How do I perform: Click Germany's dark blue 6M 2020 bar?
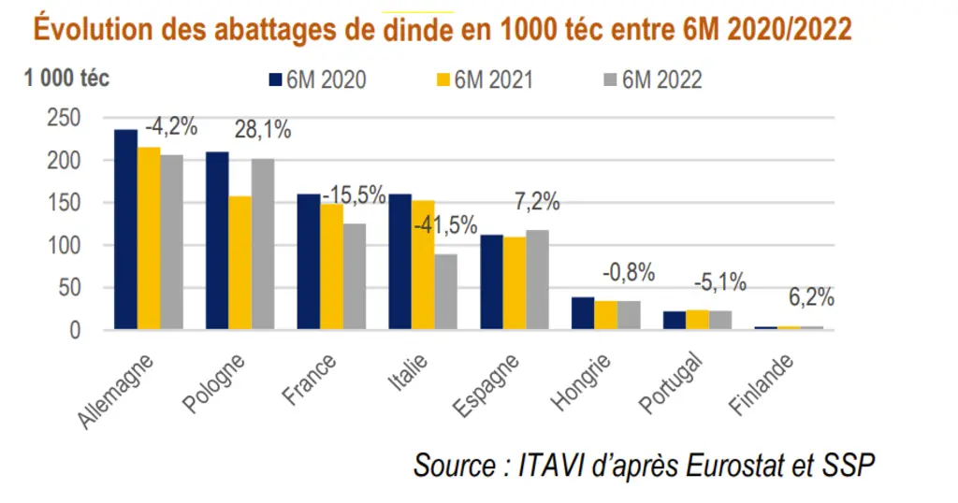tap(126, 229)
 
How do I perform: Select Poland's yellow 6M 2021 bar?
tap(240, 263)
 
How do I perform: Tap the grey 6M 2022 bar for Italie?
tap(446, 292)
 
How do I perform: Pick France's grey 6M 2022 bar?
tap(355, 277)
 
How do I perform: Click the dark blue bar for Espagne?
tap(492, 282)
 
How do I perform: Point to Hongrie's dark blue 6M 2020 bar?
tap(583, 314)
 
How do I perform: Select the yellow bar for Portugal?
tap(697, 320)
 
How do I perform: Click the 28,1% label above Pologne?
tap(263, 129)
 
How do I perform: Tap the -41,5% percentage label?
tap(445, 225)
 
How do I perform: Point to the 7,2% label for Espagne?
tap(537, 201)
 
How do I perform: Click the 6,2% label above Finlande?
tap(811, 297)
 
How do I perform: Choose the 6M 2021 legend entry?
tap(486, 80)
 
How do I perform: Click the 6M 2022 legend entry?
tap(653, 80)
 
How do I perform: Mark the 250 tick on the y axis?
tap(64, 118)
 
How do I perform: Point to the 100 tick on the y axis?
tap(64, 245)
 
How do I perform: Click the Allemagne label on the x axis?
tap(115, 392)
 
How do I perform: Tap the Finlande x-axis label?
tap(762, 384)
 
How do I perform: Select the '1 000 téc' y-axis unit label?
tap(66, 79)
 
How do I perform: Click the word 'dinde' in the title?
tap(418, 29)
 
